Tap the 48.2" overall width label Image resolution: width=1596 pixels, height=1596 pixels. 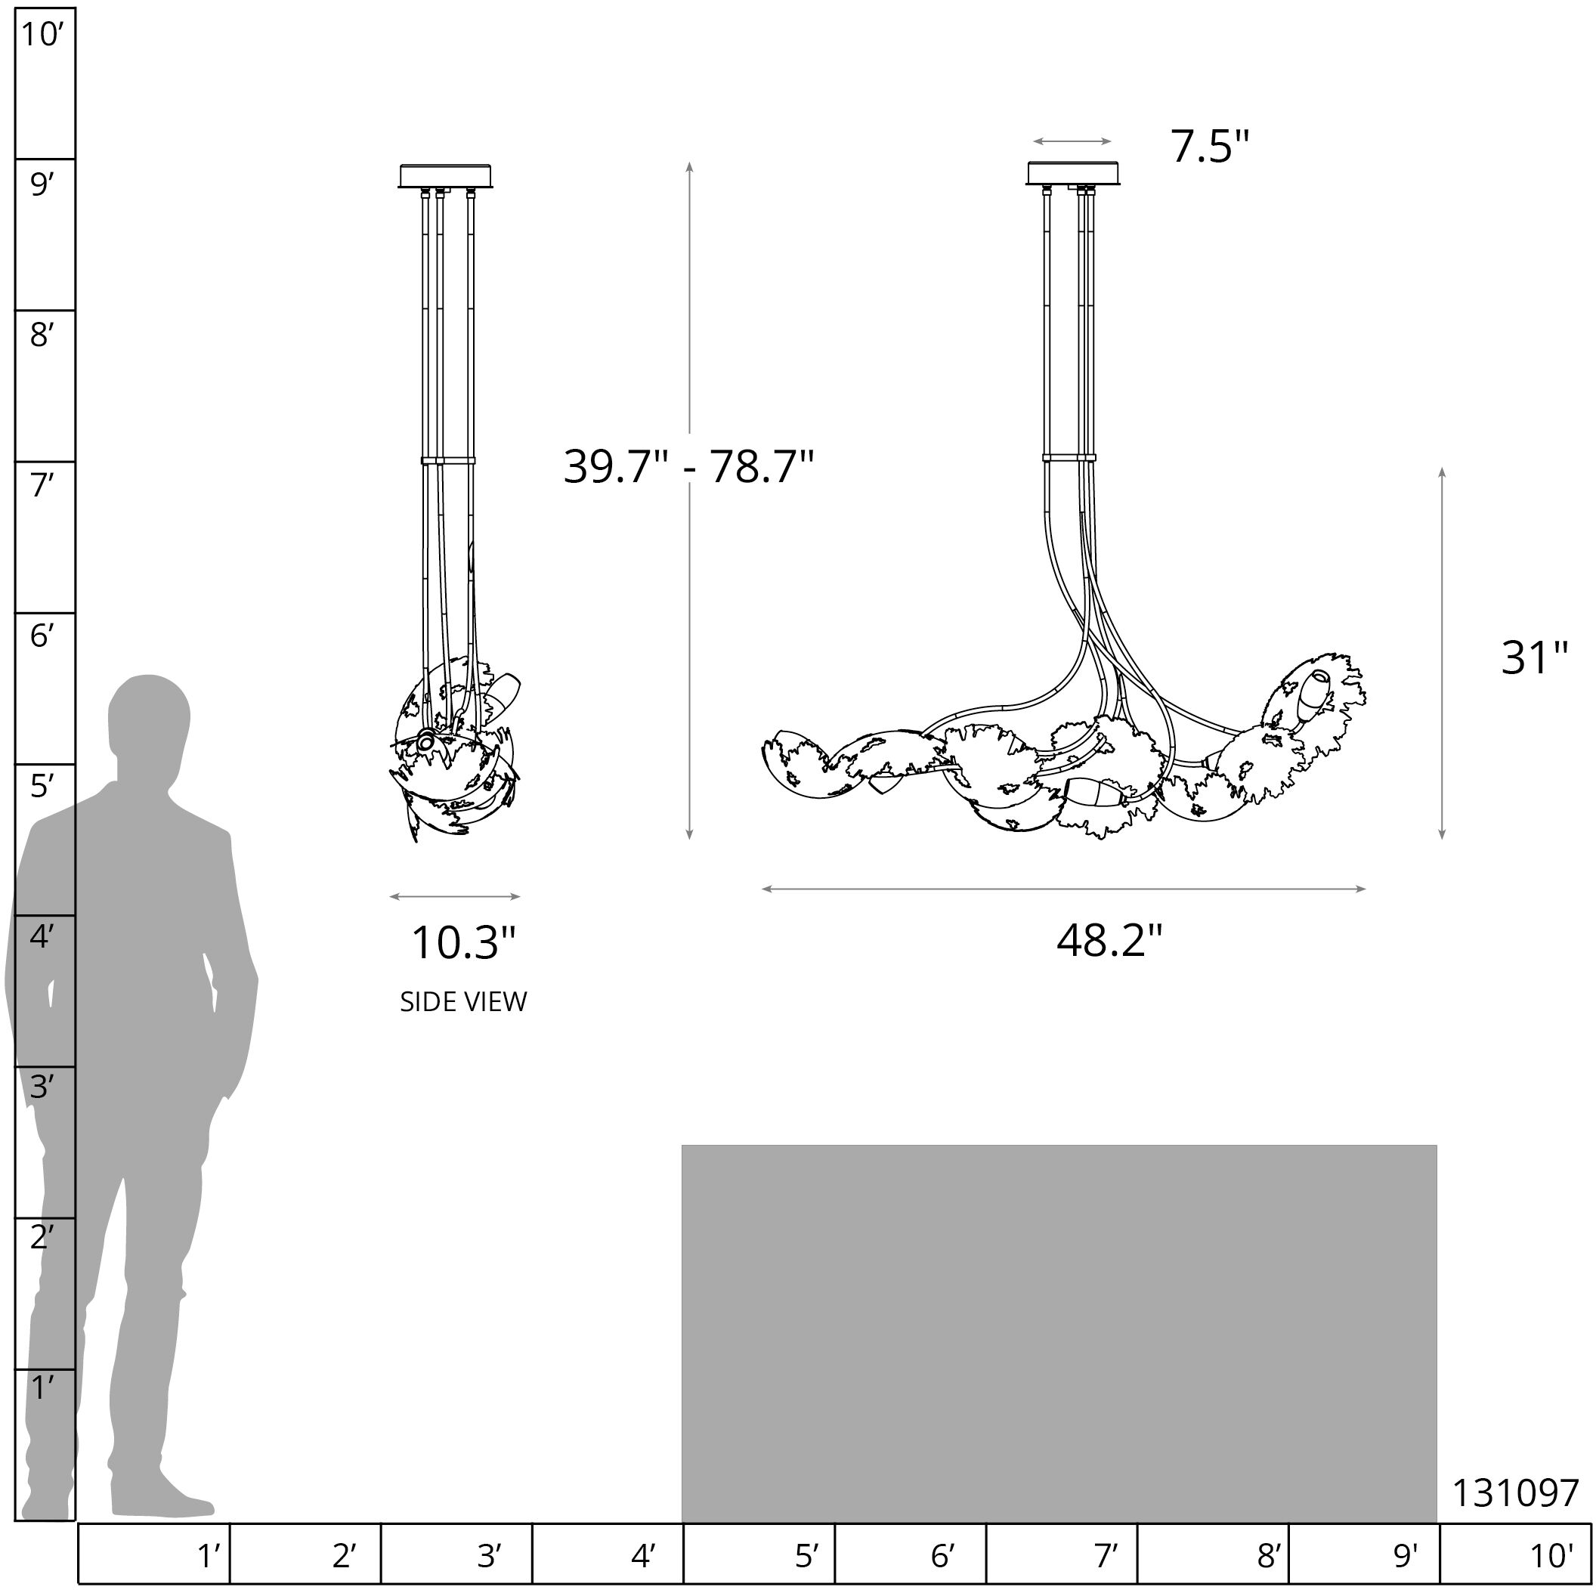pos(1109,939)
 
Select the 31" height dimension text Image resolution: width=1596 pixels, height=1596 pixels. pos(1534,658)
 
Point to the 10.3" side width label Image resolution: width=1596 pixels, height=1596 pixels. pos(463,942)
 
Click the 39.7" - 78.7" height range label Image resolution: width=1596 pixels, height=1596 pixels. pos(688,467)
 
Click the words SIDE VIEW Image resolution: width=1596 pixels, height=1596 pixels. pos(463,1002)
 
